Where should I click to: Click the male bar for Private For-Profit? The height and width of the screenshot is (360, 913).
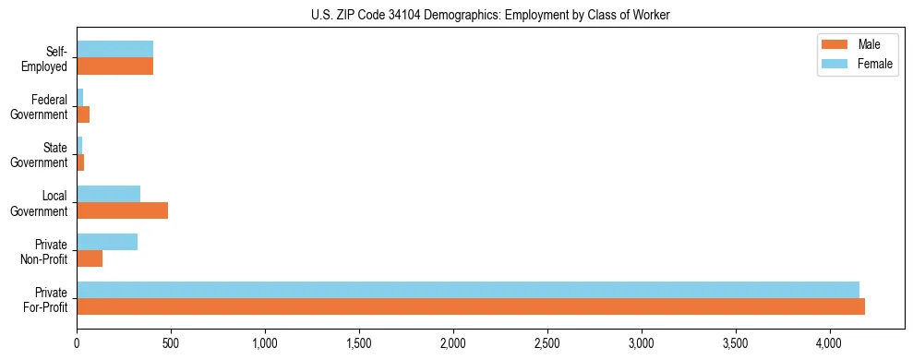471,306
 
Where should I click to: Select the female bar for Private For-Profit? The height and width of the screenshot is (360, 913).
468,290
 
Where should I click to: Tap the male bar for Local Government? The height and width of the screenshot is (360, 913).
122,210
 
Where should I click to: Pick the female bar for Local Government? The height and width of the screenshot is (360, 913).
108,194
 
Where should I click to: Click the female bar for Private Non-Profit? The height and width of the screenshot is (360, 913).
107,242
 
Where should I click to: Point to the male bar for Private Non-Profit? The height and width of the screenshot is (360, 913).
90,258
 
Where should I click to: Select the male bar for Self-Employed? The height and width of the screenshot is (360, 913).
114,66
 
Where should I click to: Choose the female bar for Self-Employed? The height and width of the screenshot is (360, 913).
114,50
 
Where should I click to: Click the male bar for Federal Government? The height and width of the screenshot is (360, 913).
83,114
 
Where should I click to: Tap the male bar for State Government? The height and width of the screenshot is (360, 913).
80,162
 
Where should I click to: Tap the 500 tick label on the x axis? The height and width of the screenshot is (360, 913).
171,343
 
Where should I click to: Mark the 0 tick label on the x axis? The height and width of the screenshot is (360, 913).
77,343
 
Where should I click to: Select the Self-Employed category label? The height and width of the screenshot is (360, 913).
48,58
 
